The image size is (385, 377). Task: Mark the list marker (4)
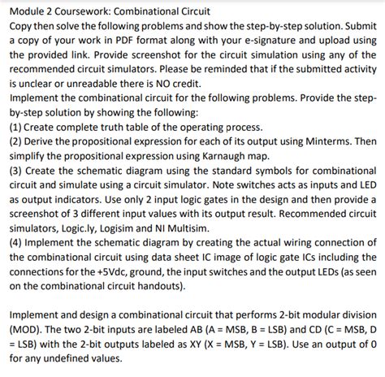[16, 243]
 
